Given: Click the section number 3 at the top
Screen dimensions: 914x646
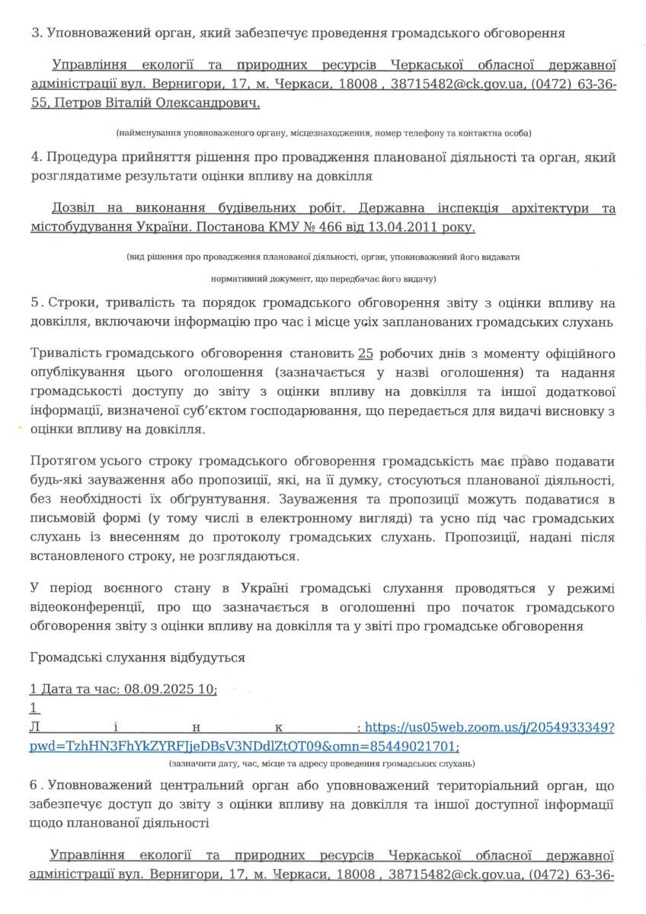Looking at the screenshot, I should (34, 34).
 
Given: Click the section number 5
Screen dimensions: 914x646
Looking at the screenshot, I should (34, 302).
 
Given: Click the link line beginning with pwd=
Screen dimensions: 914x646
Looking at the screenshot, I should (244, 746).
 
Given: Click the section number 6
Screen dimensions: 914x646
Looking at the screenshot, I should (34, 785).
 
